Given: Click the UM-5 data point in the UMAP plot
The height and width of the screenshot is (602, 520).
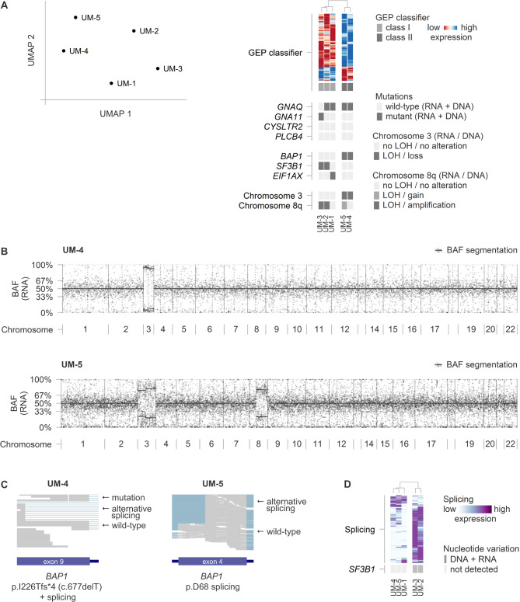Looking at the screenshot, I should tap(75, 17).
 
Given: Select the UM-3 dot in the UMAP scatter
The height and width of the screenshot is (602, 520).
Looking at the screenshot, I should tap(158, 68).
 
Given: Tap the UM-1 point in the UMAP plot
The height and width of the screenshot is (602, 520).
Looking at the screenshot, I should tap(111, 83).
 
